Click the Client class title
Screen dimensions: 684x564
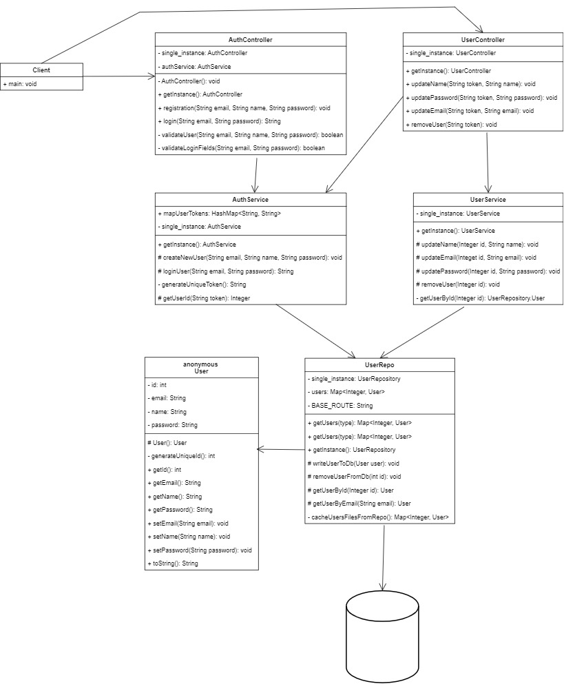coord(41,70)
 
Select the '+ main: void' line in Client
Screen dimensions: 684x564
coord(20,83)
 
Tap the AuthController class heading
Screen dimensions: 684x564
coord(250,40)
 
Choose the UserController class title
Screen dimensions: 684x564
coord(481,40)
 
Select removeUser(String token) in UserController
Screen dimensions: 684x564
coord(452,124)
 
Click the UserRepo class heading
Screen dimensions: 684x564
coord(379,365)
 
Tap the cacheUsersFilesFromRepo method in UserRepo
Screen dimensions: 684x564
coord(379,517)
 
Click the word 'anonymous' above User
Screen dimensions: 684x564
coord(202,364)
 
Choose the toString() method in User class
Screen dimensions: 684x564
coord(173,563)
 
